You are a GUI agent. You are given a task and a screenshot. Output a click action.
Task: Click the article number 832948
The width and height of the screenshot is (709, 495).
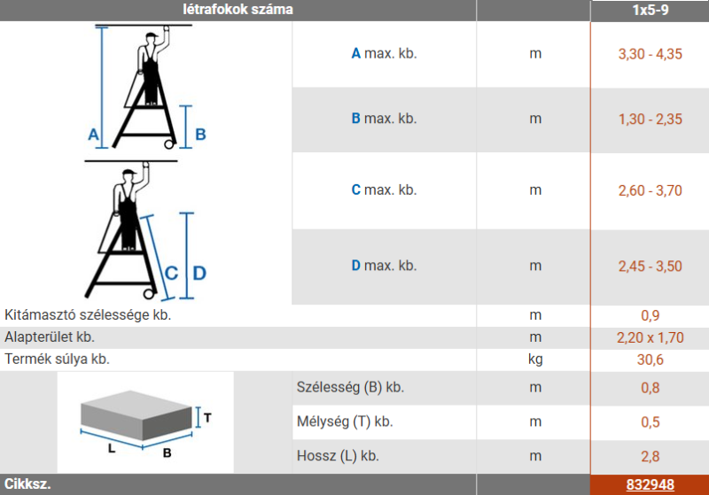tap(650, 484)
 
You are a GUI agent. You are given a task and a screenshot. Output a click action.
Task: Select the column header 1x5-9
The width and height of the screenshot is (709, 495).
tap(651, 10)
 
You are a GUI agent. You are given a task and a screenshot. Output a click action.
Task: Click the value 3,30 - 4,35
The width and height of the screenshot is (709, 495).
tap(651, 54)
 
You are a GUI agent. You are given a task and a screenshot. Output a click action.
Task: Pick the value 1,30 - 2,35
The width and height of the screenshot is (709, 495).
tap(651, 120)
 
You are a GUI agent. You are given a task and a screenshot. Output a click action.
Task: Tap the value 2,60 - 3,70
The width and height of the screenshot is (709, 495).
tap(651, 190)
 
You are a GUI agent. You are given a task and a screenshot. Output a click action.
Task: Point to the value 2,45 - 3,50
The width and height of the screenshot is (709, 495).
tap(651, 266)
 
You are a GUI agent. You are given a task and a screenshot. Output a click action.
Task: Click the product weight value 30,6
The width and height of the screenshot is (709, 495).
tap(651, 360)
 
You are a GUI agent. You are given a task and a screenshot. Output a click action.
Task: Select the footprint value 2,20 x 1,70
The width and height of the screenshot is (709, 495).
tap(651, 337)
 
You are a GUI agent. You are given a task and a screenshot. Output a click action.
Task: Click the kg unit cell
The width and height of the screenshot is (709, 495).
tap(535, 360)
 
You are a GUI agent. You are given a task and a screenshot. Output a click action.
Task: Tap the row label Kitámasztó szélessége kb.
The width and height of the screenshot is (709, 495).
tap(88, 314)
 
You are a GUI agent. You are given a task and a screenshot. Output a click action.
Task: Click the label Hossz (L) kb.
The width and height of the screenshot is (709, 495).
tap(338, 456)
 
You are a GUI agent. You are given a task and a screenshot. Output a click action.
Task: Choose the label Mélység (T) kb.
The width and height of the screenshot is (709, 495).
tap(345, 422)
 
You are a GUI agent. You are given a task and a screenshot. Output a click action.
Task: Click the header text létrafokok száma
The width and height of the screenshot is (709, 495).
tap(238, 10)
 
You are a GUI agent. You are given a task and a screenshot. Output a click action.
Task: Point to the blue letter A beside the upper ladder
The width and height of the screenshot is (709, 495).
tap(93, 134)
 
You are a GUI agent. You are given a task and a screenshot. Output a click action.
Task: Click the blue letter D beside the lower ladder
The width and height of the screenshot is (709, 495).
tap(199, 274)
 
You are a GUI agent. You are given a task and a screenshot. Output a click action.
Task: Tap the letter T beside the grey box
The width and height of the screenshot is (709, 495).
tap(207, 418)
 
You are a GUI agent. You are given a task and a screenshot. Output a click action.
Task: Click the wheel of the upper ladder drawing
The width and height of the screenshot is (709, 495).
tap(169, 144)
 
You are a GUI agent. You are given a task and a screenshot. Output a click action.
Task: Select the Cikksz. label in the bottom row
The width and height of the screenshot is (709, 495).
tap(27, 484)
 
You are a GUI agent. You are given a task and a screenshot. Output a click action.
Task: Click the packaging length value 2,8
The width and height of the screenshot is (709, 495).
tap(651, 456)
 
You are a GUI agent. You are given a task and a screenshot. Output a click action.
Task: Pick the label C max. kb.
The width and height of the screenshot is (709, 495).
tap(384, 190)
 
